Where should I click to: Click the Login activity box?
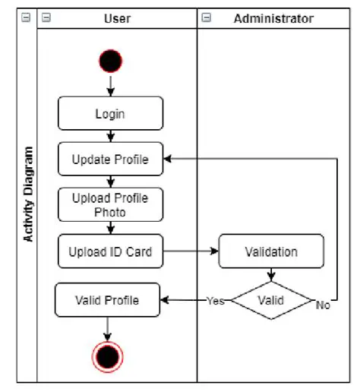110,114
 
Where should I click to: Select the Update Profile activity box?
110,160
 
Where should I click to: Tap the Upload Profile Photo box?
110,205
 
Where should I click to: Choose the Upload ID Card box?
110,251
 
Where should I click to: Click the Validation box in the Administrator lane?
271,251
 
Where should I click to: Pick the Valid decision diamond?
271,300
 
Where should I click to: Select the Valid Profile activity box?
107,300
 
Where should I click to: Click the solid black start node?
110,62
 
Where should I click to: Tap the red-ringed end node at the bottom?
107,356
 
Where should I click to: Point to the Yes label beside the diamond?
216,301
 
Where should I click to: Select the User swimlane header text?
118,18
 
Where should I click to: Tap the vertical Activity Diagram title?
29,194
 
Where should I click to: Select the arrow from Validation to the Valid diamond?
271,275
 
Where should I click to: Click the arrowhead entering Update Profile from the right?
169,160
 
